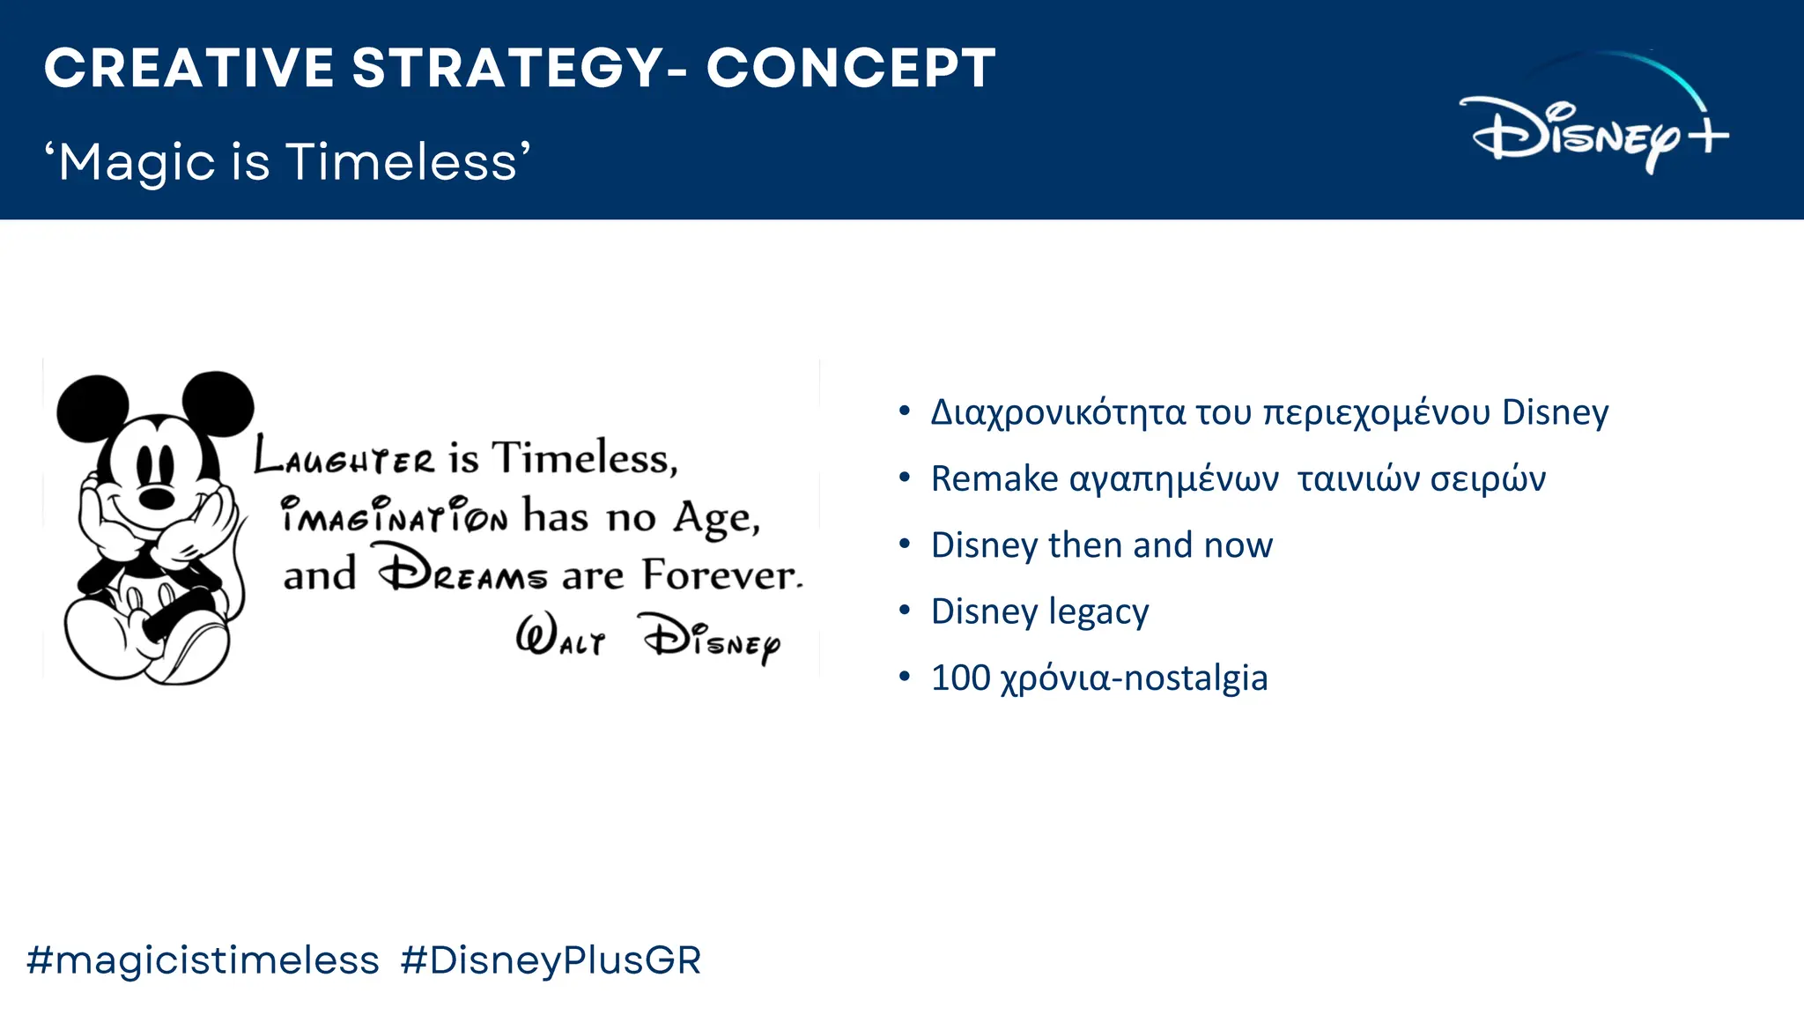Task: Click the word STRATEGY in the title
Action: pyautogui.click(x=508, y=69)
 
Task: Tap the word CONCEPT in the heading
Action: pyautogui.click(x=851, y=69)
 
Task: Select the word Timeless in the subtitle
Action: pyautogui.click(x=403, y=162)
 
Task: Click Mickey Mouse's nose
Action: pyautogui.click(x=157, y=499)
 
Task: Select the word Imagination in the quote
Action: pyautogui.click(x=394, y=515)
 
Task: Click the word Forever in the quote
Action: pyautogui.click(x=721, y=574)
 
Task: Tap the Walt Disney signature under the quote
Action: pyautogui.click(x=647, y=636)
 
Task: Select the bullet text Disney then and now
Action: pyautogui.click(x=1101, y=545)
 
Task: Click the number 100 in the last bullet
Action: pyautogui.click(x=961, y=678)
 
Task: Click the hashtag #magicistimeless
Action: pyautogui.click(x=203, y=959)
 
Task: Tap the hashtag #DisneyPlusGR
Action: pyautogui.click(x=551, y=959)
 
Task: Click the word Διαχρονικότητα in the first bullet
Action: pyautogui.click(x=1057, y=412)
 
